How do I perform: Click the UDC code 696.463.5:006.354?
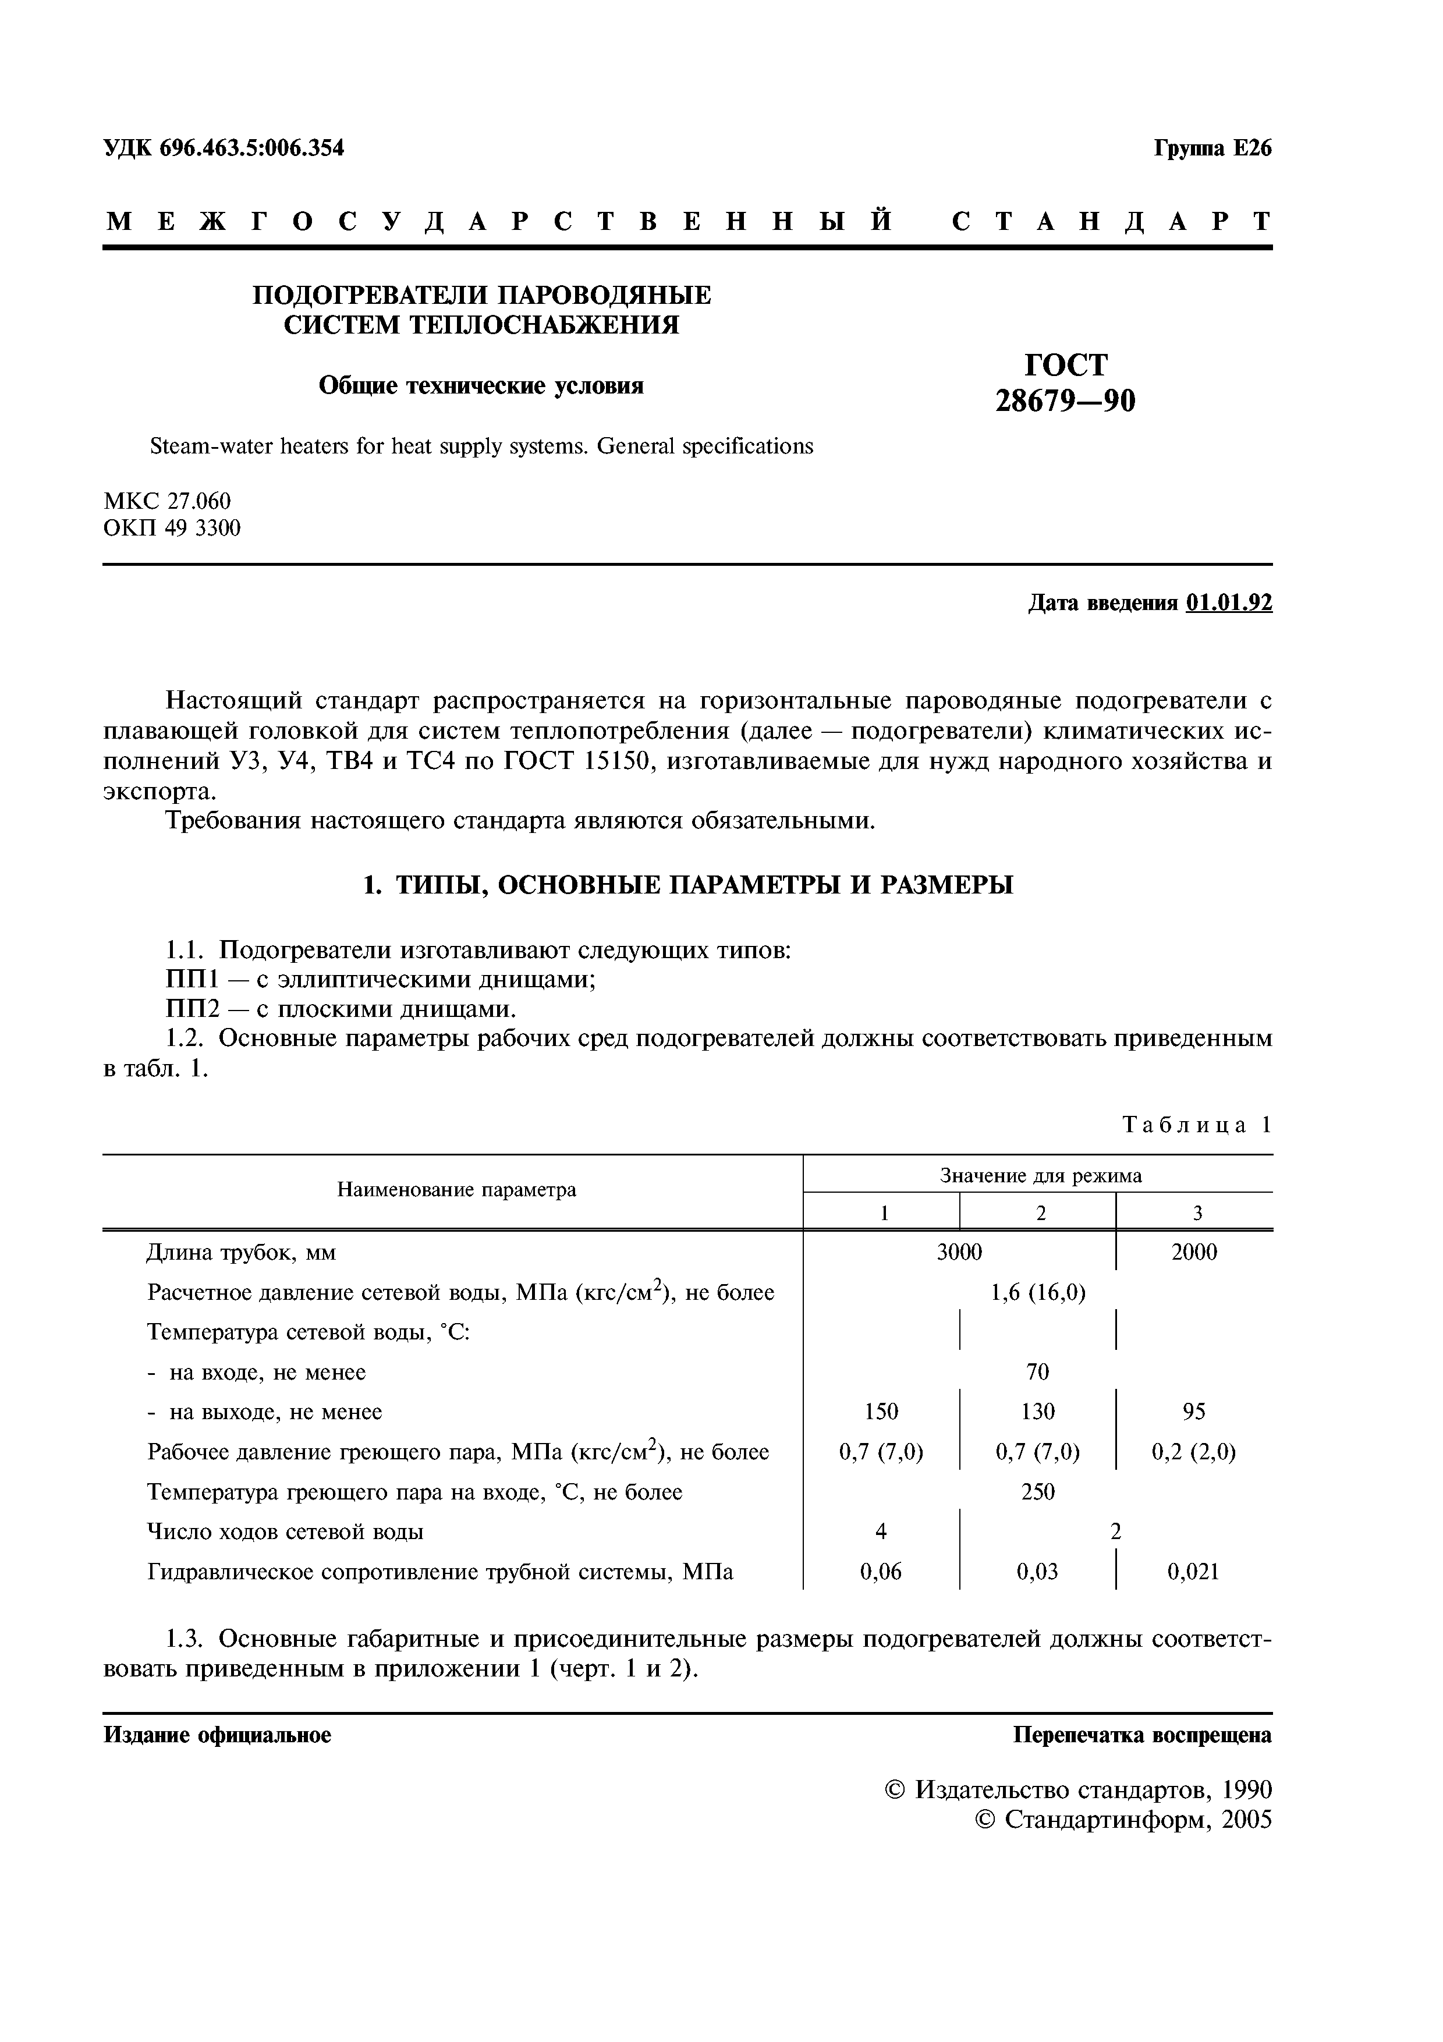[x=251, y=148]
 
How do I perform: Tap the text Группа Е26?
[x=1212, y=148]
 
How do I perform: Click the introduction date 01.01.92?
[x=1229, y=603]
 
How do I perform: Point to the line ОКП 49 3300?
[x=172, y=529]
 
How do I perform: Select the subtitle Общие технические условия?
[x=481, y=385]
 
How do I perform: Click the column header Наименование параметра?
[x=456, y=1190]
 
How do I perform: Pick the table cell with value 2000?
[x=1194, y=1252]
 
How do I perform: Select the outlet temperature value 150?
[x=881, y=1412]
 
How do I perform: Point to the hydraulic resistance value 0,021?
[x=1193, y=1572]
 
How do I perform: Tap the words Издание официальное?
[x=218, y=1735]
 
